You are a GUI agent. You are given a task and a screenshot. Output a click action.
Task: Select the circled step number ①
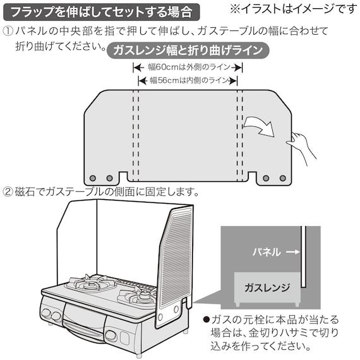[8, 31]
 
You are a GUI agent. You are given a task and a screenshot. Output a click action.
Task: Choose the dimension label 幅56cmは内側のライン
[188, 80]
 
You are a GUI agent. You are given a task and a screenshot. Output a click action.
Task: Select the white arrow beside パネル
[291, 251]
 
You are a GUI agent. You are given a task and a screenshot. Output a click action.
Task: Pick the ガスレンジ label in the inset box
[267, 287]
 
